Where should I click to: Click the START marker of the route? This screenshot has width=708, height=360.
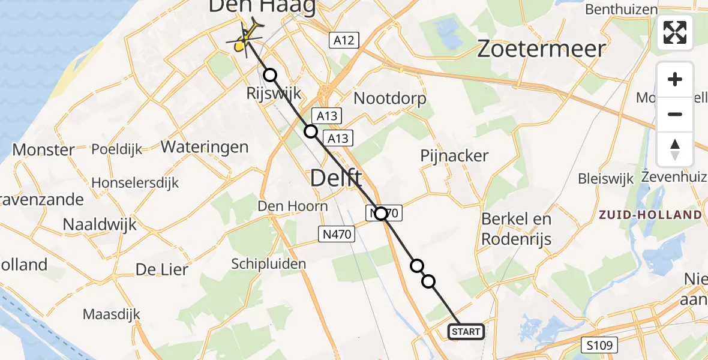pos(466,332)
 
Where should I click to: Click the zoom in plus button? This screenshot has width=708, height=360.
pos(675,80)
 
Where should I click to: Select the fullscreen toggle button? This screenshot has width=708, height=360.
pos(675,32)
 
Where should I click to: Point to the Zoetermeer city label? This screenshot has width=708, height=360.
pos(542,49)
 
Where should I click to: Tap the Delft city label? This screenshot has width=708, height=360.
pos(336,178)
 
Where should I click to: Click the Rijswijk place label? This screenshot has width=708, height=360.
pos(273,94)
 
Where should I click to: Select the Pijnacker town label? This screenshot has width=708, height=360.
pos(455,155)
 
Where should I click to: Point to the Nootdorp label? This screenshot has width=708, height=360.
pos(390,98)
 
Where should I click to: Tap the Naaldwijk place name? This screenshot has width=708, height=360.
pos(100,225)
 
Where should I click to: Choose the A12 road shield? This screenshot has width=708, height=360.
pos(344,41)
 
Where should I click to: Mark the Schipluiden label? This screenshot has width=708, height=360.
pos(269,263)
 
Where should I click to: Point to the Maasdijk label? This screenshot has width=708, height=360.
pos(111,314)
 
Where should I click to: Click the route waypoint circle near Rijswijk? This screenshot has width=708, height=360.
pos(271,75)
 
